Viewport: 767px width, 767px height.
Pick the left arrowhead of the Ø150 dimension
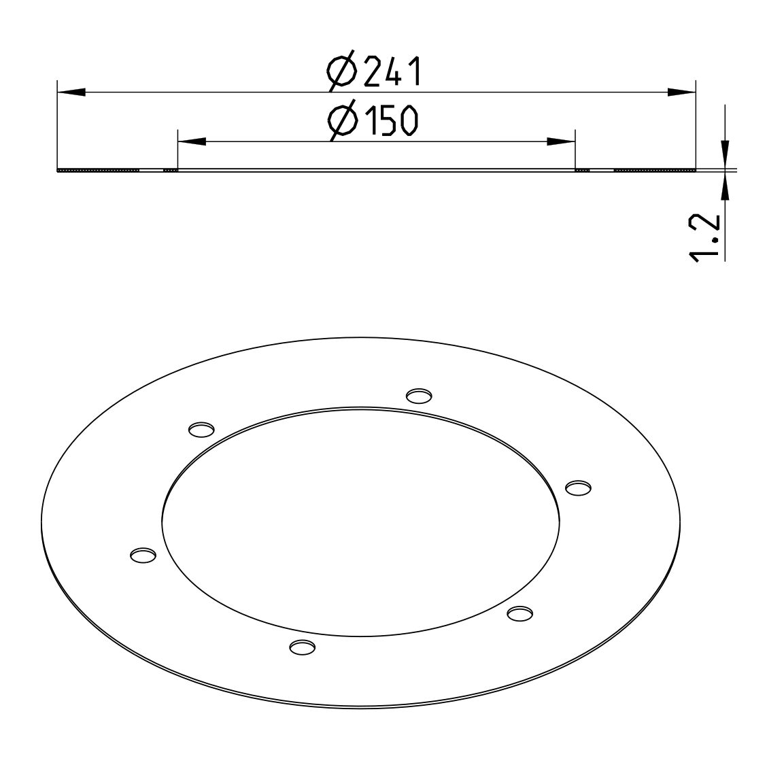coord(191,141)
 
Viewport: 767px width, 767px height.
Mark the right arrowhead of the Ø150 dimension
coord(562,141)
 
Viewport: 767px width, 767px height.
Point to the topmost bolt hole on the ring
coord(419,395)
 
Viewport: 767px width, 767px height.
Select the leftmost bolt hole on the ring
coord(142,555)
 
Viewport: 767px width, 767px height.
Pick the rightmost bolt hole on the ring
coord(578,488)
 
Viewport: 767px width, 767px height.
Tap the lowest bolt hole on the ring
coord(302,647)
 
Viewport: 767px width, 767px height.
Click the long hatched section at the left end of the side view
coord(99,170)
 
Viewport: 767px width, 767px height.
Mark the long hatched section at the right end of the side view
coord(654,170)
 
